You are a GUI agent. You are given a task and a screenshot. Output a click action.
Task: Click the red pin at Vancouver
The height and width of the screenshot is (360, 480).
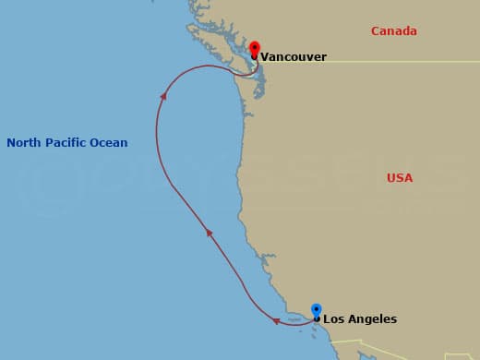(x=255, y=47)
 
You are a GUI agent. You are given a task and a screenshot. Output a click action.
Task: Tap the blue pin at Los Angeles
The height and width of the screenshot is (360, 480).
(x=317, y=310)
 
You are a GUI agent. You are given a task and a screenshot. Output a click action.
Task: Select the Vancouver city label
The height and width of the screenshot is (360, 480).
(x=293, y=57)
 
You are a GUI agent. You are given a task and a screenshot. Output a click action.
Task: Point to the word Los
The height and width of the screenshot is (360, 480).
(x=333, y=319)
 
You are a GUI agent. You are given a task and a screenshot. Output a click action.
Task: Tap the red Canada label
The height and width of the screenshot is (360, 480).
(x=393, y=31)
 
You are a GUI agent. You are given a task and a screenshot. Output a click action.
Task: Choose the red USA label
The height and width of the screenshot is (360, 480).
(x=400, y=177)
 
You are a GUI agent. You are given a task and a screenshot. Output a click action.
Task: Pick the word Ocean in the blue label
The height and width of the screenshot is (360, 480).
(x=110, y=143)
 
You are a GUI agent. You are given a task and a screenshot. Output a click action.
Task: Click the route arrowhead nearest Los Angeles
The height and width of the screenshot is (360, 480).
(x=276, y=321)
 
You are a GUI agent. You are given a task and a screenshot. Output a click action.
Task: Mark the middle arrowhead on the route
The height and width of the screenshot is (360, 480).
(x=210, y=234)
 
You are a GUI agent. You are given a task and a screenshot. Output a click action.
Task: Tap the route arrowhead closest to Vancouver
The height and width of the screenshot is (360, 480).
(x=163, y=93)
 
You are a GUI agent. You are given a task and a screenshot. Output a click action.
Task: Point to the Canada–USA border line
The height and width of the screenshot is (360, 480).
(x=388, y=62)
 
